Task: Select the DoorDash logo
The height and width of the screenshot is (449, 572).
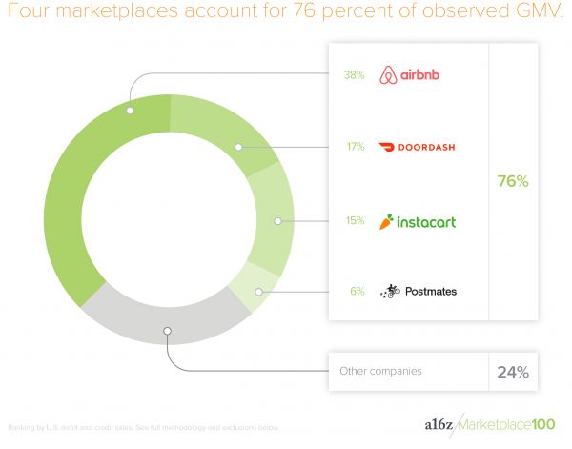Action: [x=417, y=147]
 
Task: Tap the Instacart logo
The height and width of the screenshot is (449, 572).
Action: [x=417, y=221]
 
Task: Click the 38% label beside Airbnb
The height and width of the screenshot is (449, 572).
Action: [x=354, y=74]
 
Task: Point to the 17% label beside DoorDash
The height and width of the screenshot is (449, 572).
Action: [x=355, y=147]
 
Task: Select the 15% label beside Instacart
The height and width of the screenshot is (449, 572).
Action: [x=355, y=221]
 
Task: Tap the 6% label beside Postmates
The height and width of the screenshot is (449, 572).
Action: [x=357, y=291]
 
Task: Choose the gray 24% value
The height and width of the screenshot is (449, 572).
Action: [x=513, y=372]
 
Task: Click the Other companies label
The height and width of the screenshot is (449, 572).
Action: [x=380, y=372]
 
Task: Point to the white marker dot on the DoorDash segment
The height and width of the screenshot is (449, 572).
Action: [x=238, y=147]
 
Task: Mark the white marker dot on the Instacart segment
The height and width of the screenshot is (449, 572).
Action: [x=277, y=221]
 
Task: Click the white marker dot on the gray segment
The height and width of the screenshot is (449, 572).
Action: [x=167, y=332]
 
